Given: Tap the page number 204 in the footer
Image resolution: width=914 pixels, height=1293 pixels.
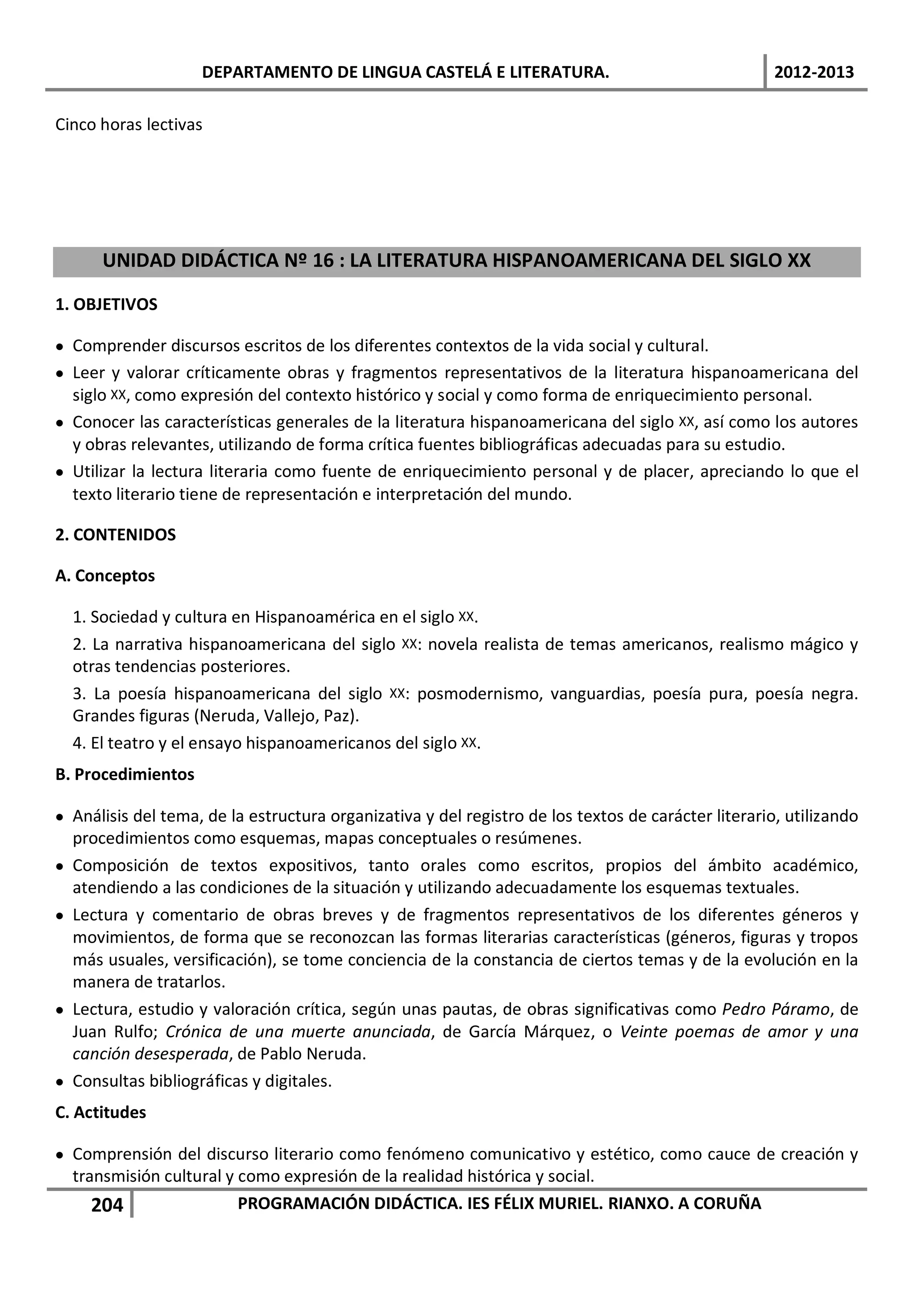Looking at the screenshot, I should (107, 1205).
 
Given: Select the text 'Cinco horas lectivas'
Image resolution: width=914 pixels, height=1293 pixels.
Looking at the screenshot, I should (129, 125).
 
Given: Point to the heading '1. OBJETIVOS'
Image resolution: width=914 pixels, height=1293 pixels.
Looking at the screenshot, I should (106, 305).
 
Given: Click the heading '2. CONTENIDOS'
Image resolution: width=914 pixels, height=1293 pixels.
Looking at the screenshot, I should (116, 534).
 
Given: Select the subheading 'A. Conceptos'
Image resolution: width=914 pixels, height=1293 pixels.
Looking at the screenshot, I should (105, 576).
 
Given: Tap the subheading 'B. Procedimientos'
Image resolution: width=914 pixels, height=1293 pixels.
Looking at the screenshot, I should (125, 774).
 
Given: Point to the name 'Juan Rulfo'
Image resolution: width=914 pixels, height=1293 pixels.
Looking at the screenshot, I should (116, 1032).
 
